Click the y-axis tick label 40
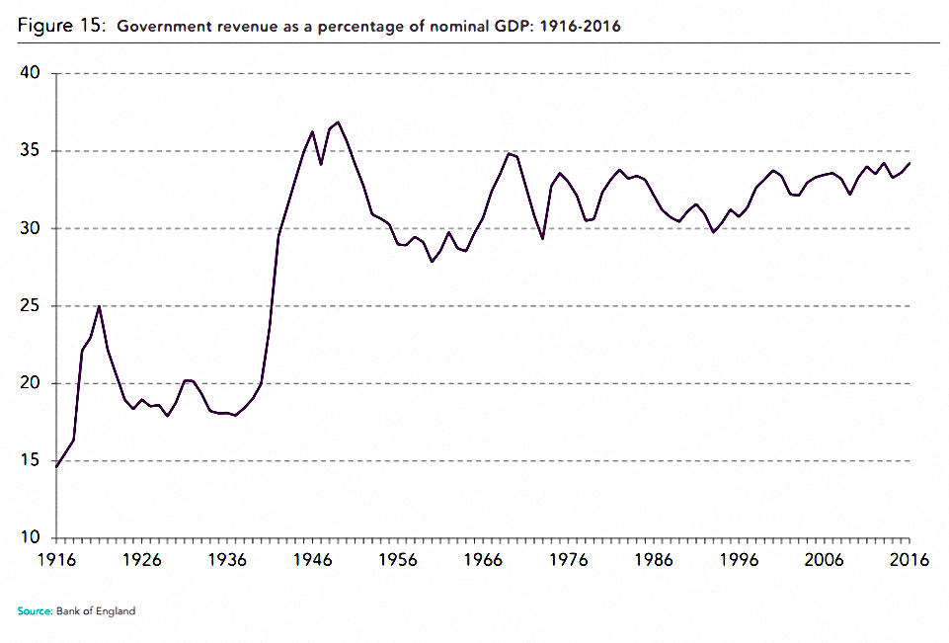pos(30,73)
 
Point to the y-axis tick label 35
pos(30,150)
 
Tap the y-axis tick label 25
pos(30,306)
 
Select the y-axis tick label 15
pos(30,460)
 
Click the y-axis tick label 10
pos(30,537)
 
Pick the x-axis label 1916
pos(57,560)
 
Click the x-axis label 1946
pos(312,560)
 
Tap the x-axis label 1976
pos(568,560)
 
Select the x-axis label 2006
pos(824,560)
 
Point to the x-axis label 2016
pos(909,560)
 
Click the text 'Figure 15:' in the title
pos(62,26)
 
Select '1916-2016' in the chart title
pos(580,27)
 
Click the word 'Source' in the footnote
pos(35,611)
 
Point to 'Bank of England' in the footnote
pos(96,611)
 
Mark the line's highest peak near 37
pos(338,121)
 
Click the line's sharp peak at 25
pos(100,306)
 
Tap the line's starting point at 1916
pos(56,467)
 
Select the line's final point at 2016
pos(909,163)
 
